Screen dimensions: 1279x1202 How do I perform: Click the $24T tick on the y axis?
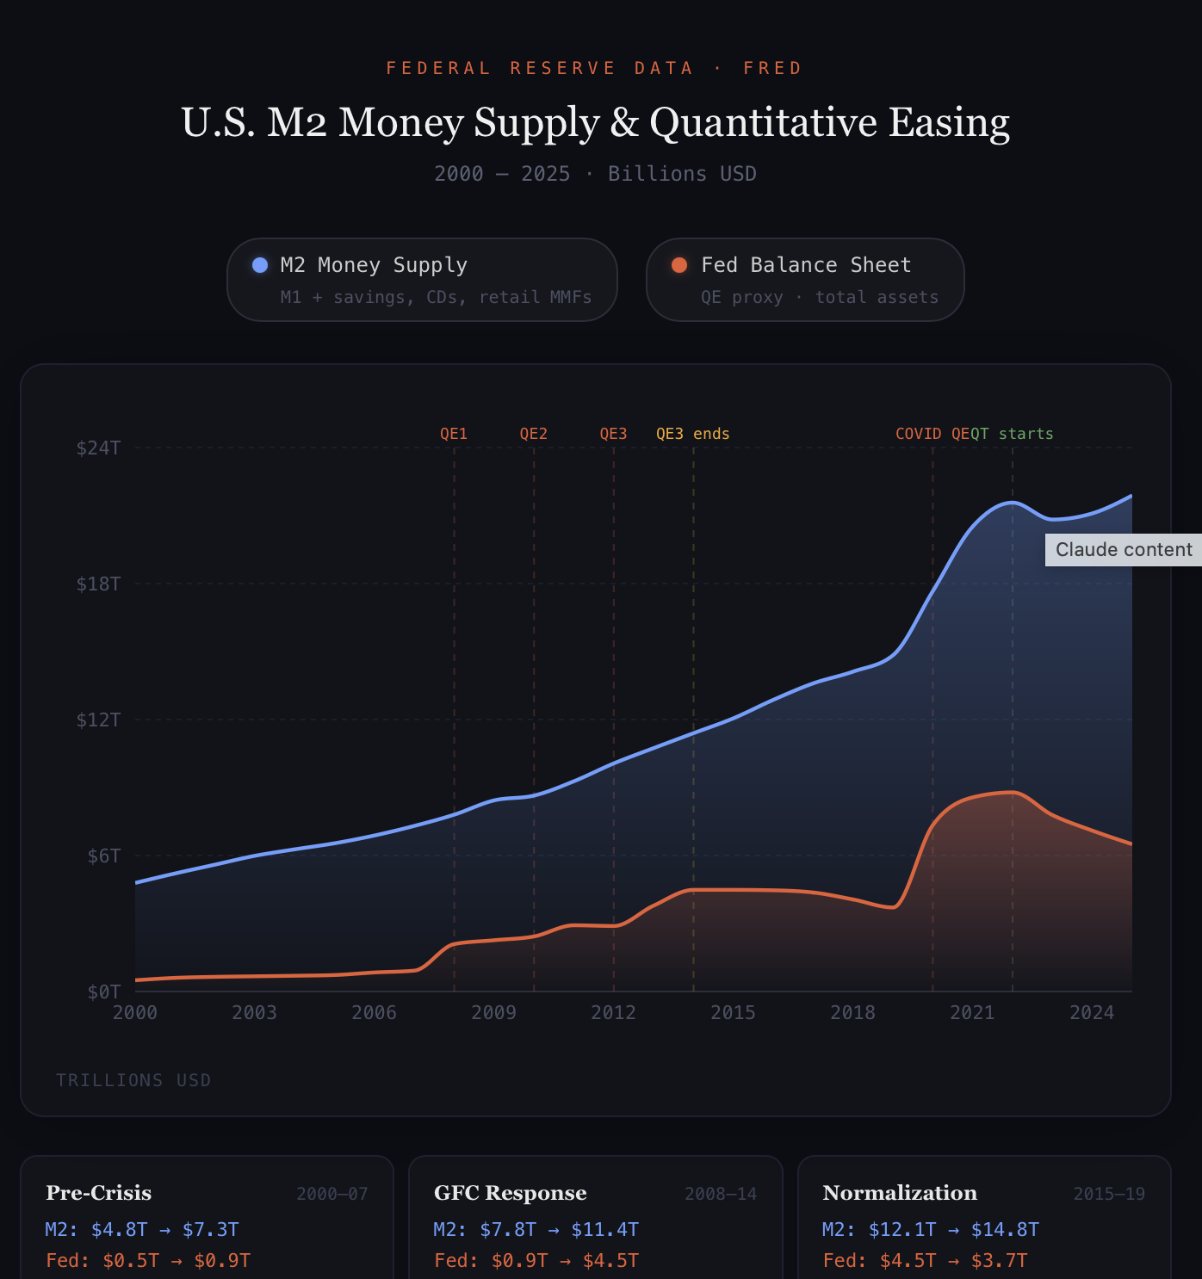(x=99, y=448)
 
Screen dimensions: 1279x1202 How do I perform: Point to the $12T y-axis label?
(x=99, y=720)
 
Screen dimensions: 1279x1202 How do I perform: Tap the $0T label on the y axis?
(x=104, y=992)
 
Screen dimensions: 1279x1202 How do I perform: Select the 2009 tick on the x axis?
(x=493, y=1012)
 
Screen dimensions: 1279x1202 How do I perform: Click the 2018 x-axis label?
(x=852, y=1012)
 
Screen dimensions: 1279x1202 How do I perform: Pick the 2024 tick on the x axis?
(x=1092, y=1012)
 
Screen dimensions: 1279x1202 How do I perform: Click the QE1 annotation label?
(x=454, y=434)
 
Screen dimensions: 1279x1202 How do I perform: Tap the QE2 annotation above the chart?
(x=533, y=434)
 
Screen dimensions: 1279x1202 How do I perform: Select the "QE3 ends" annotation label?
(x=692, y=434)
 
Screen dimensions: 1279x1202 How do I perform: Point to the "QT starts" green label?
(x=1013, y=434)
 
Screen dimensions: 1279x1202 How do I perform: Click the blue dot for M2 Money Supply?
(x=260, y=265)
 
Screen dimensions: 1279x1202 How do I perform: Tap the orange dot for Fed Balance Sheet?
(x=679, y=265)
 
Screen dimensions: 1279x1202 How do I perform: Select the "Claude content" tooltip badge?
(x=1123, y=550)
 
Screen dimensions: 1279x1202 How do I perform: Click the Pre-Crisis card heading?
(x=98, y=1193)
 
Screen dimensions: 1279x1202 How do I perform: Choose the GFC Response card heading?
(x=510, y=1193)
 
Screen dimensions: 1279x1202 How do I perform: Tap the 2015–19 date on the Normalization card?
(x=1109, y=1194)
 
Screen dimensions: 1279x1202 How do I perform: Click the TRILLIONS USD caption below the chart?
(x=133, y=1080)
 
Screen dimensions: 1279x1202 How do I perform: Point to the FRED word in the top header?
(x=772, y=68)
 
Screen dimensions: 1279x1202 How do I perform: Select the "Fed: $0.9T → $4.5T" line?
(x=536, y=1261)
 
